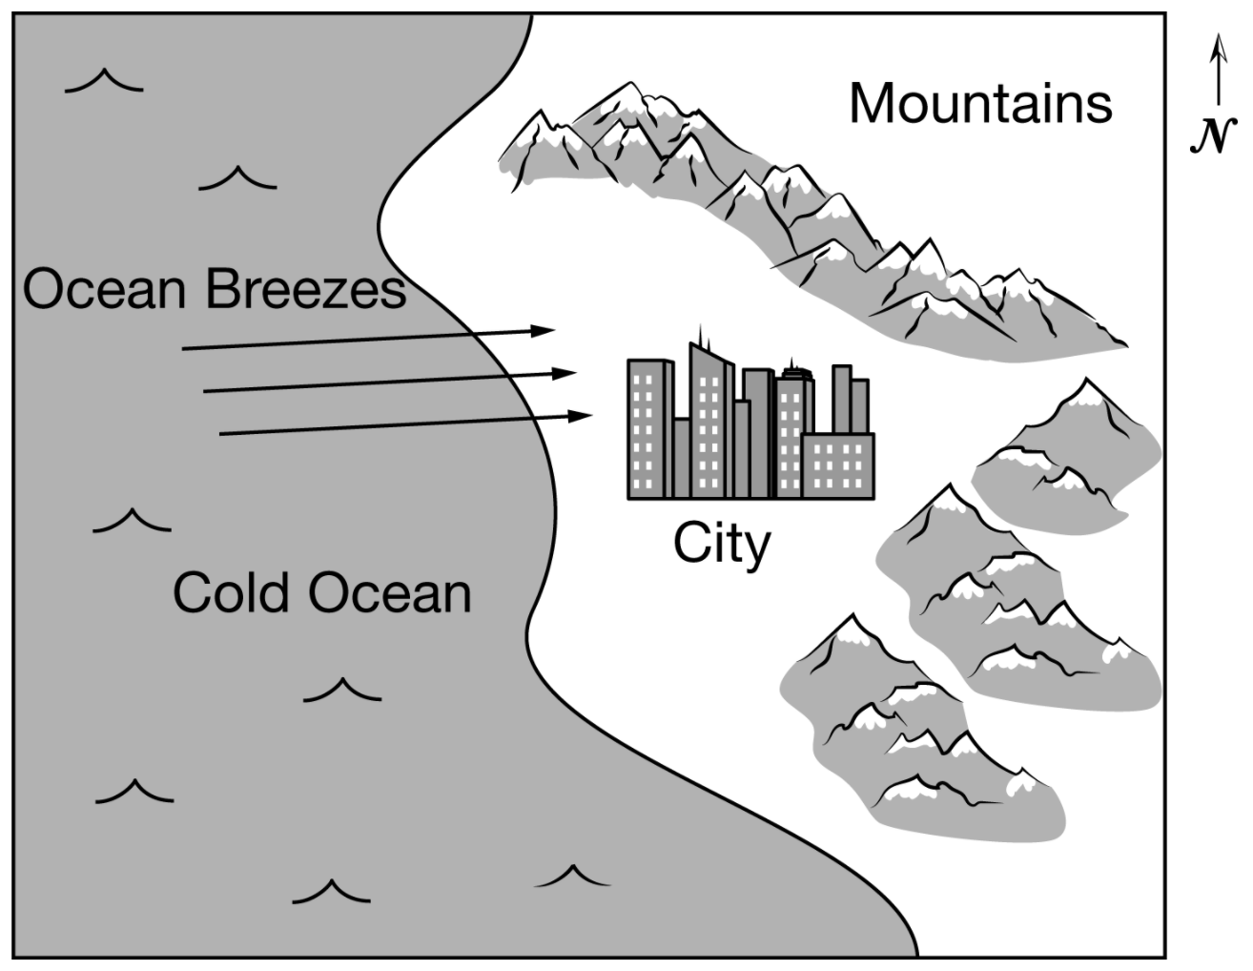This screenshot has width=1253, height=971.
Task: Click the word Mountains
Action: tap(980, 103)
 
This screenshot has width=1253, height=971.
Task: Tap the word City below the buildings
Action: tap(721, 545)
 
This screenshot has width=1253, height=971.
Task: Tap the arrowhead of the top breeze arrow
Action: tap(544, 331)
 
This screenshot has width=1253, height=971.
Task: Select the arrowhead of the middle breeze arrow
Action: tap(565, 372)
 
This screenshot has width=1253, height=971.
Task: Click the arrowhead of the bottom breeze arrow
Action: tap(582, 416)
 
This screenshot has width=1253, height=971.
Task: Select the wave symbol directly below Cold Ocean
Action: tap(341, 689)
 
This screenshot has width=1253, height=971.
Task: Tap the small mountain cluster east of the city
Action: tap(1068, 458)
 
